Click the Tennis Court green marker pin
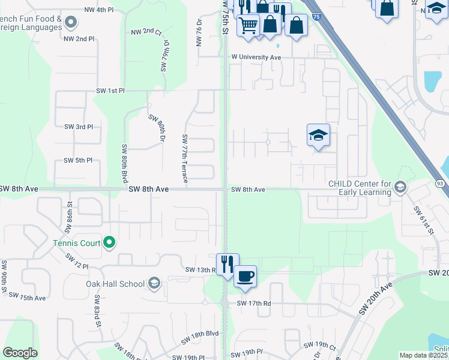pyautogui.click(x=109, y=242)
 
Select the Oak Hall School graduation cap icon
pyautogui.click(x=154, y=284)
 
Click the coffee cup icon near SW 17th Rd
pyautogui.click(x=244, y=277)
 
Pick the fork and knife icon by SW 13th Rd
pyautogui.click(x=227, y=264)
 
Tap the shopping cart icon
pyautogui.click(x=247, y=25)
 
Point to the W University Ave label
pyautogui.click(x=256, y=58)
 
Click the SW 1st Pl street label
pyautogui.click(x=110, y=91)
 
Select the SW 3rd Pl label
pyautogui.click(x=79, y=127)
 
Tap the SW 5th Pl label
pyautogui.click(x=79, y=161)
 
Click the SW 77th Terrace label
pyautogui.click(x=185, y=158)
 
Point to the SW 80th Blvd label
pyautogui.click(x=125, y=164)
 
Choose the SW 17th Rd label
pyautogui.click(x=254, y=304)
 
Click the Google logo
pyautogui.click(x=20, y=353)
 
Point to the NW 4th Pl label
pyautogui.click(x=98, y=10)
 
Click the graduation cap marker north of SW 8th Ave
pyautogui.click(x=318, y=135)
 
